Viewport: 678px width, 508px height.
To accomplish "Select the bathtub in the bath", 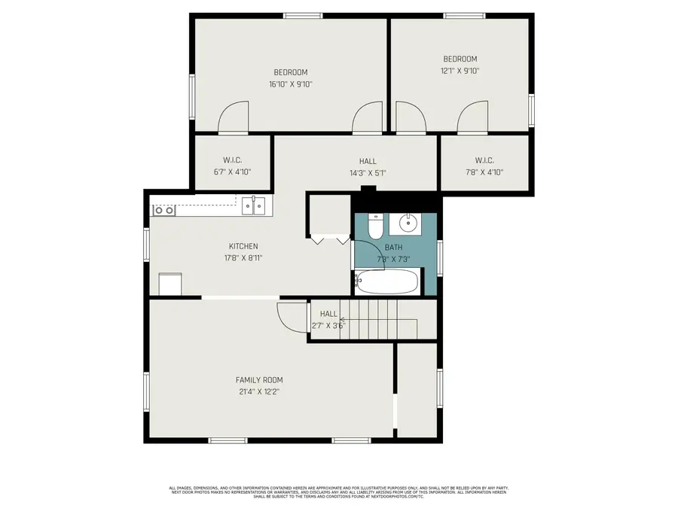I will pyautogui.click(x=386, y=282).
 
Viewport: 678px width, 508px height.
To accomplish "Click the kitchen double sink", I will pyautogui.click(x=254, y=205).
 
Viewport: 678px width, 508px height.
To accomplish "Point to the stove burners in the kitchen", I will pyautogui.click(x=164, y=210).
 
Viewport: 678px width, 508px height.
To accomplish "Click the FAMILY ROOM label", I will pyautogui.click(x=259, y=380).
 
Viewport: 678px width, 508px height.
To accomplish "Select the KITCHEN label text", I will pyautogui.click(x=243, y=246).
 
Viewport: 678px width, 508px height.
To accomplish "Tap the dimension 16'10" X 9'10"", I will pyautogui.click(x=290, y=84).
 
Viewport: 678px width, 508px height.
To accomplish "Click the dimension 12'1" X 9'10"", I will pyautogui.click(x=460, y=71).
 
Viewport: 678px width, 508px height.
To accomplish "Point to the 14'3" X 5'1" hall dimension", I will pyautogui.click(x=368, y=172).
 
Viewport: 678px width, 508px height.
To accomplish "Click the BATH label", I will pyautogui.click(x=393, y=247).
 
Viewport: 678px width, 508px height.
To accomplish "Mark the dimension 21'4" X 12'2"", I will pyautogui.click(x=259, y=391).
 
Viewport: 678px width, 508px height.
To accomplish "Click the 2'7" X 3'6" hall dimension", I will pyautogui.click(x=328, y=326).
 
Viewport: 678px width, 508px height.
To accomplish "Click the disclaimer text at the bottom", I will pyautogui.click(x=338, y=492).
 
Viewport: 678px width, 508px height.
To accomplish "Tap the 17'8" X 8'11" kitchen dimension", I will pyautogui.click(x=243, y=257).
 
